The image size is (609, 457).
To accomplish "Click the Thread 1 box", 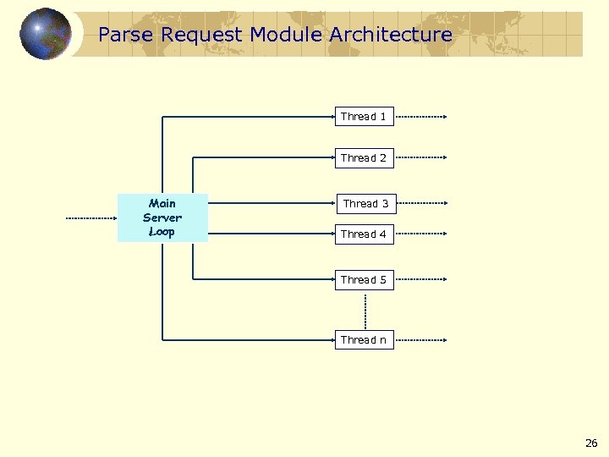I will (x=364, y=117).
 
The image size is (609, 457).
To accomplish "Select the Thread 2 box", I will (x=364, y=158).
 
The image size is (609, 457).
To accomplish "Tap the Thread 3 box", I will (x=365, y=204).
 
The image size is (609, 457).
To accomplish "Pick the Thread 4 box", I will (x=364, y=234).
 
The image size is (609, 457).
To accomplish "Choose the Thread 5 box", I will (x=364, y=280).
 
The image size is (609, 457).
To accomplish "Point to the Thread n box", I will (x=364, y=340).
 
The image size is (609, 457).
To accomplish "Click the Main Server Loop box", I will (x=162, y=217).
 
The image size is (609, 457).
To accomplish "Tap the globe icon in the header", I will (x=46, y=34).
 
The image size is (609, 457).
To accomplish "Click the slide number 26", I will (x=590, y=443).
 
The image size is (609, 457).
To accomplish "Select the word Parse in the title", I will (x=125, y=35).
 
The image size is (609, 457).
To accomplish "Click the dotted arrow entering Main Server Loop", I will (x=91, y=217).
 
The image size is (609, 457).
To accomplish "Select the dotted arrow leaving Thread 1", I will (x=420, y=117).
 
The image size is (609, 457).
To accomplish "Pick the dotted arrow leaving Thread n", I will (x=420, y=340).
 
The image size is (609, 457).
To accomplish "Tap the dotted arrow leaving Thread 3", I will (x=420, y=204).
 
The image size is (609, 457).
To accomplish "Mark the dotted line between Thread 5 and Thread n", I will (x=365, y=311).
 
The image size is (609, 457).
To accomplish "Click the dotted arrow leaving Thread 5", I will (x=420, y=280).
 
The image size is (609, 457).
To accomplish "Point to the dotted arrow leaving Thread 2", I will (x=420, y=158).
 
